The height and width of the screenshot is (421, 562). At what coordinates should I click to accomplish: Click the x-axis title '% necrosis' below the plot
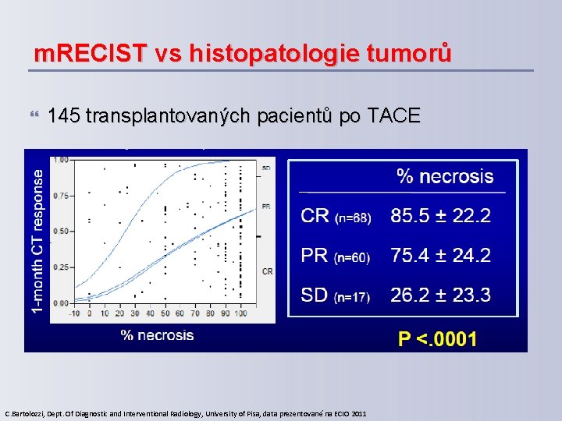pos(157,335)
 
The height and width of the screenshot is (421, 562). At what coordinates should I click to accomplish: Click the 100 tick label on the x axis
pos(240,313)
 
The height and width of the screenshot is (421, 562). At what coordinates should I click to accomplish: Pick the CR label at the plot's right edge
pos(267,271)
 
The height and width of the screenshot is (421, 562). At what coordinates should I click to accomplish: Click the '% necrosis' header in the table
pos(445,176)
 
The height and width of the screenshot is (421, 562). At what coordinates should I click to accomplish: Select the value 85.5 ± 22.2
pos(440,215)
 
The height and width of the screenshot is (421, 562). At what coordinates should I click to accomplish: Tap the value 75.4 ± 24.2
pos(440,255)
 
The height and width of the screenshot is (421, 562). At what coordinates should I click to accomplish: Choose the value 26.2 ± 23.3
pos(440,295)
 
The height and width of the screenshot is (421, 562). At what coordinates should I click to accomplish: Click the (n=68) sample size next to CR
pos(354,218)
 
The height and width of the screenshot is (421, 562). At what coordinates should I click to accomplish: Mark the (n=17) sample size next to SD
pos(353,296)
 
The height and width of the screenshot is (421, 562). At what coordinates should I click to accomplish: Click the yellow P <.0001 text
pos(437,338)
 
